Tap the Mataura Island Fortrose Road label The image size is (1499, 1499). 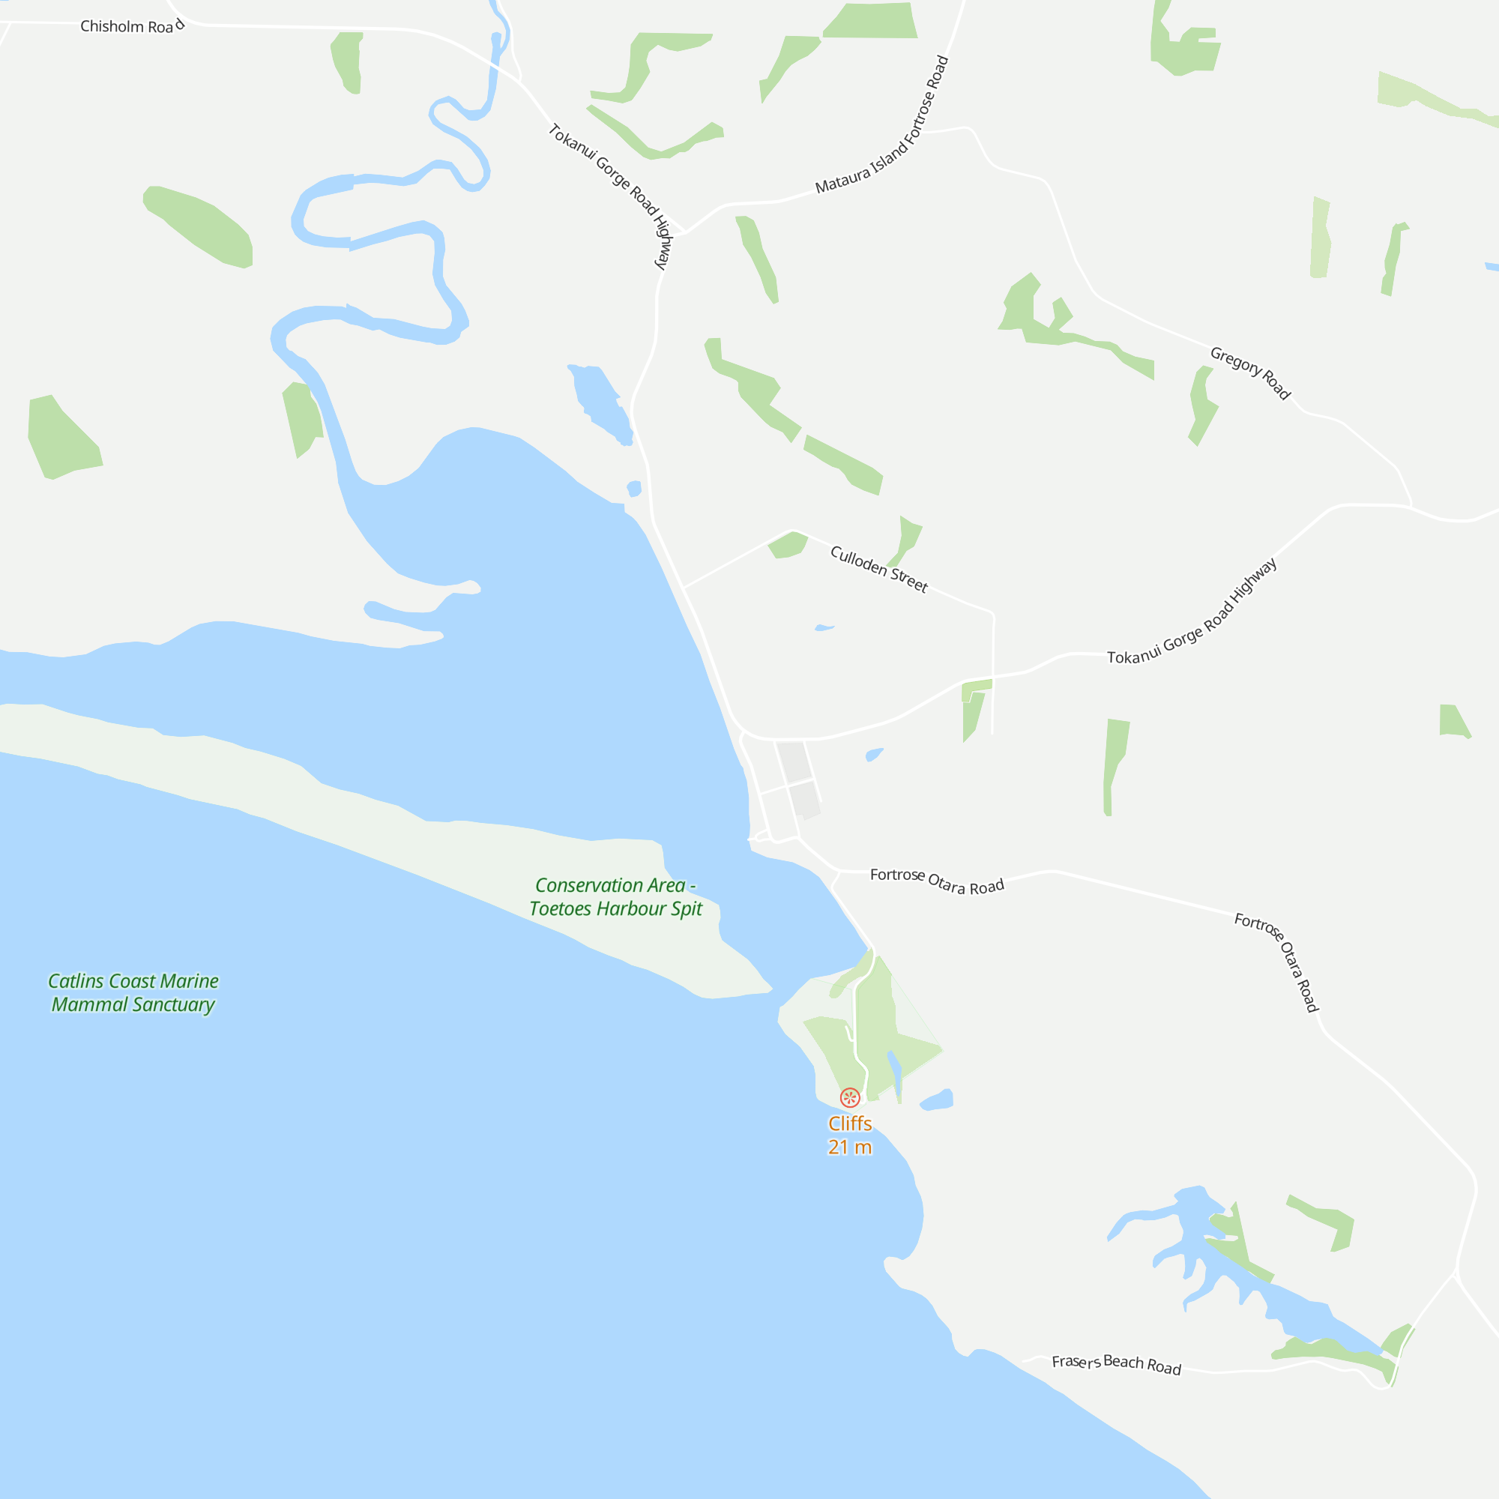coord(882,126)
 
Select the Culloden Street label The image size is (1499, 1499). coord(878,569)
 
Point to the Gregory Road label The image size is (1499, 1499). coord(1250,373)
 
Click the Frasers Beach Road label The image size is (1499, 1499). coord(1116,1363)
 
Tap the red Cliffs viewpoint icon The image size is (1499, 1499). coord(850,1097)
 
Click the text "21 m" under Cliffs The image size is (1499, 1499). coord(850,1147)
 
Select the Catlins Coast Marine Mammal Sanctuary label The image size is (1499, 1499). coord(133,992)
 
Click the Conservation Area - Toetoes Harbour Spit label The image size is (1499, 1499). coord(615,897)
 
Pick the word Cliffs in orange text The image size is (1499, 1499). coord(850,1124)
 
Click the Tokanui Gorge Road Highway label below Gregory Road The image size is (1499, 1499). coord(1191,613)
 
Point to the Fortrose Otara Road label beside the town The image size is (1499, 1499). coord(936,881)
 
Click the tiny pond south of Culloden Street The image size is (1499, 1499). coord(824,627)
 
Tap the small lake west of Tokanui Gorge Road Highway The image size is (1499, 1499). coord(600,400)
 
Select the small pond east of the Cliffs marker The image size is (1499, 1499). coord(938,1100)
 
